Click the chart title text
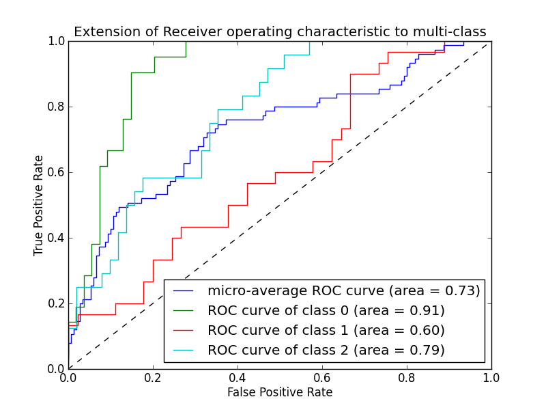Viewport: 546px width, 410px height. tap(280, 31)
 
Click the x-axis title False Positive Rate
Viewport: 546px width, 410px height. tap(280, 392)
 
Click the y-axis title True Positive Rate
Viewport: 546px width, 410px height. tap(40, 205)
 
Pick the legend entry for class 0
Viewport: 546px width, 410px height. tap(326, 310)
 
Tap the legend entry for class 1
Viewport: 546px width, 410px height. tap(326, 330)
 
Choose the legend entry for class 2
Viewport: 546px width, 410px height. tap(326, 350)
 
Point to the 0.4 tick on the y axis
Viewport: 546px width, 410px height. tap(55, 238)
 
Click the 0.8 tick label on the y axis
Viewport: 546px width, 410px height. tap(55, 107)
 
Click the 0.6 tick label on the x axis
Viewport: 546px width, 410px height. tap(322, 377)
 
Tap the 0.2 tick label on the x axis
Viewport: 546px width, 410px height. tap(153, 377)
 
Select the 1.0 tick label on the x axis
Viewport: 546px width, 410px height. tap(491, 377)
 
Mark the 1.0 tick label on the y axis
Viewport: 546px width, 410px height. tap(55, 41)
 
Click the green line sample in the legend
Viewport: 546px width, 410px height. tap(184, 310)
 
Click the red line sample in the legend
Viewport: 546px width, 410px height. tap(184, 330)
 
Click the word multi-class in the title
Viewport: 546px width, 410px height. tap(450, 31)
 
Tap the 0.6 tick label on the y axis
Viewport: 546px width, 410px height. tap(55, 172)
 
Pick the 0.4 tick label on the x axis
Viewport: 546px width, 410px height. tap(238, 377)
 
